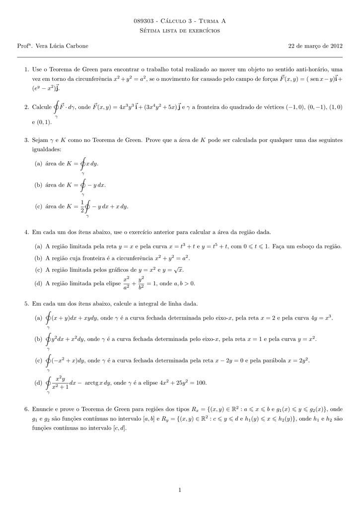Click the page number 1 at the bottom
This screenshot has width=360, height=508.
[180, 490]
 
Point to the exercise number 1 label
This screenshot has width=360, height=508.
[26, 69]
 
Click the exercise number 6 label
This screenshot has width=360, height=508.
[26, 409]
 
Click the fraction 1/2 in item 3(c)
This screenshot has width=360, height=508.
[82, 206]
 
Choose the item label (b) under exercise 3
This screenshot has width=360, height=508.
[38, 185]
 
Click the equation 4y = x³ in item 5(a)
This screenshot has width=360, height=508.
[322, 317]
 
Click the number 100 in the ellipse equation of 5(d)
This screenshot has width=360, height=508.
[200, 383]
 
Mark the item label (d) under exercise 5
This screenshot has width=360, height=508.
[38, 383]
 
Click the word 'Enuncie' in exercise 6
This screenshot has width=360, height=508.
[43, 409]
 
